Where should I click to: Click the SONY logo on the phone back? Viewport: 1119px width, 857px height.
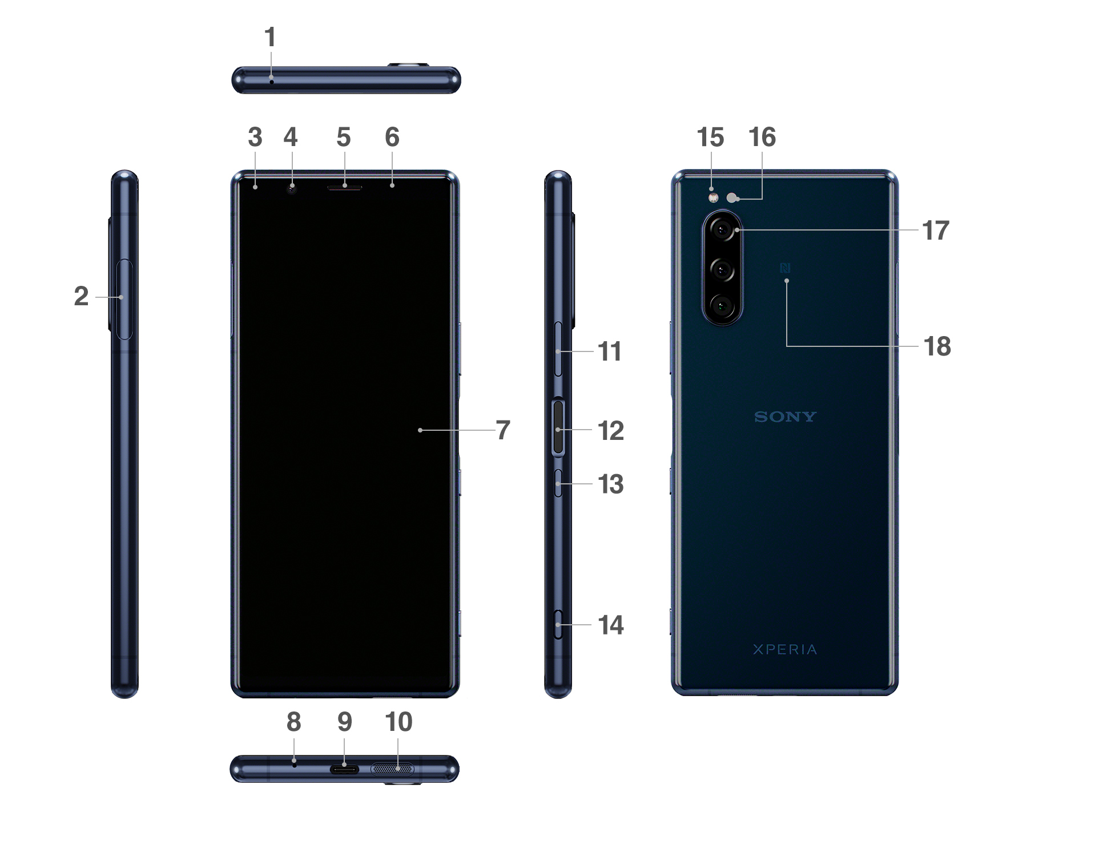pyautogui.click(x=785, y=417)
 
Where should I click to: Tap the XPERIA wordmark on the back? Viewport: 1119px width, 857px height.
pyautogui.click(x=785, y=649)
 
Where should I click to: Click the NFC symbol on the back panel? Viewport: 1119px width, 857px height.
pyautogui.click(x=786, y=268)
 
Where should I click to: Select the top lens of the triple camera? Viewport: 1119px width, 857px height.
pyautogui.click(x=722, y=231)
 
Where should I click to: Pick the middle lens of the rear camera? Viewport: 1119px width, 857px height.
pyautogui.click(x=722, y=269)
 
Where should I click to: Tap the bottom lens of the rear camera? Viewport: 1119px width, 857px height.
pyautogui.click(x=722, y=306)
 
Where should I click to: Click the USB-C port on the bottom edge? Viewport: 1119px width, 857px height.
pyautogui.click(x=344, y=769)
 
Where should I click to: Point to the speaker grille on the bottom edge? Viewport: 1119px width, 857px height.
pyautogui.click(x=392, y=769)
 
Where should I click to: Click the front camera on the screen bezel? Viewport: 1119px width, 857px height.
pyautogui.click(x=292, y=188)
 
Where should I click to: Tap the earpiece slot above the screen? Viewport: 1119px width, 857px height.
pyautogui.click(x=344, y=187)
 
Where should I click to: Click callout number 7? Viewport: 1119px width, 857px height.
pyautogui.click(x=502, y=430)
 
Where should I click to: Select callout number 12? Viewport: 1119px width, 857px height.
pyautogui.click(x=610, y=431)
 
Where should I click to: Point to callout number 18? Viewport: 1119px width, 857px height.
pyautogui.click(x=937, y=346)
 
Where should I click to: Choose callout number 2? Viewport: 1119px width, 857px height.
pyautogui.click(x=81, y=297)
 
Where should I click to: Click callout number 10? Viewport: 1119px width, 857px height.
pyautogui.click(x=399, y=722)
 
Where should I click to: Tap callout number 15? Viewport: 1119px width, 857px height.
pyautogui.click(x=710, y=138)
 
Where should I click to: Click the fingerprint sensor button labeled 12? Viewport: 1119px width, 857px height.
pyautogui.click(x=558, y=428)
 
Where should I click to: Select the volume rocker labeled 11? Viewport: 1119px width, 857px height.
pyautogui.click(x=558, y=349)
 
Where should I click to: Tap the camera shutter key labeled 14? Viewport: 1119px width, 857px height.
pyautogui.click(x=558, y=625)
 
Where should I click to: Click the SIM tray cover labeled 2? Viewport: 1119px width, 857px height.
pyautogui.click(x=124, y=299)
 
